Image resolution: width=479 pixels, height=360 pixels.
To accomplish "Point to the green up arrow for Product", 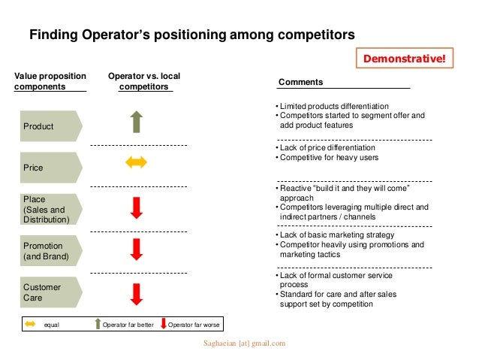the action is (136, 122).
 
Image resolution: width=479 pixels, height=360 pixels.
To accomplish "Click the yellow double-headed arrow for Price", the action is (136, 163).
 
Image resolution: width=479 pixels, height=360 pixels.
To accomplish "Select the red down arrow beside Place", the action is (136, 207).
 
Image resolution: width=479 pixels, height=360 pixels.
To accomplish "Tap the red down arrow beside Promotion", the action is (136, 249).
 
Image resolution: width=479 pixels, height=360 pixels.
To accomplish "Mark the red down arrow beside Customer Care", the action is (136, 293).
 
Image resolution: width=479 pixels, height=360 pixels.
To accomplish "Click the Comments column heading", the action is (300, 82).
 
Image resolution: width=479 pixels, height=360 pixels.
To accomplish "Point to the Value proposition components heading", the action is (50, 81).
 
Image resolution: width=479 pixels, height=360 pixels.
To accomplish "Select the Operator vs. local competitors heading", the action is (144, 81).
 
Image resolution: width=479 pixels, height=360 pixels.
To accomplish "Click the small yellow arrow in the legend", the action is (30, 325).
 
